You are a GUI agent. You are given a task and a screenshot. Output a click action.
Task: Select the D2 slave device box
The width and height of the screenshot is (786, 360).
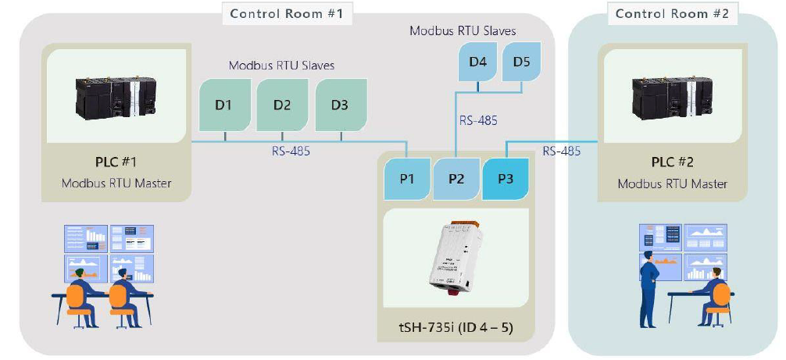click(282, 104)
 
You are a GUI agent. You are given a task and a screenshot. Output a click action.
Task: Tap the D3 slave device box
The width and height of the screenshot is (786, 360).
click(340, 104)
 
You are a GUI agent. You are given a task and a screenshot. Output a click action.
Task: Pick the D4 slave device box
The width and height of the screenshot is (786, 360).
click(478, 62)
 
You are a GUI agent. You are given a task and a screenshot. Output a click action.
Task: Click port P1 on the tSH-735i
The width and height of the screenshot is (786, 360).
click(407, 178)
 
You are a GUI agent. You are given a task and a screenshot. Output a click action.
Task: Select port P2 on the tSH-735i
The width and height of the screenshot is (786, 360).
click(456, 178)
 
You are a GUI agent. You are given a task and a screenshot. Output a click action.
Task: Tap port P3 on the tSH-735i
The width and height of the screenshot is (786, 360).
click(505, 178)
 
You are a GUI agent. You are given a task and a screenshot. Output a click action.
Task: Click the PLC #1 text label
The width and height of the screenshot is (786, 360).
click(116, 163)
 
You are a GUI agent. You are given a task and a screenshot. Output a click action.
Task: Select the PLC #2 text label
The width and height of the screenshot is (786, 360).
click(672, 163)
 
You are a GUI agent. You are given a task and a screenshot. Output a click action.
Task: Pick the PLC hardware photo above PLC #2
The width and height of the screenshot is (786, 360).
click(671, 96)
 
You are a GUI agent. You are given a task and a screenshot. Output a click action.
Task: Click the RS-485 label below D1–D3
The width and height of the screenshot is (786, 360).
click(289, 151)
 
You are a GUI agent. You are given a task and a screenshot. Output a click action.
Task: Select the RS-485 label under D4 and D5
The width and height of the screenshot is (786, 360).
click(477, 120)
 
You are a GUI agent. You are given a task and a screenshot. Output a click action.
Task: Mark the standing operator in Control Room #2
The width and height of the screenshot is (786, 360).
click(648, 289)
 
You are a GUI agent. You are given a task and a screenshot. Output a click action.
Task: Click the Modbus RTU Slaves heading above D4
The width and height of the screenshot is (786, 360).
click(463, 31)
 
